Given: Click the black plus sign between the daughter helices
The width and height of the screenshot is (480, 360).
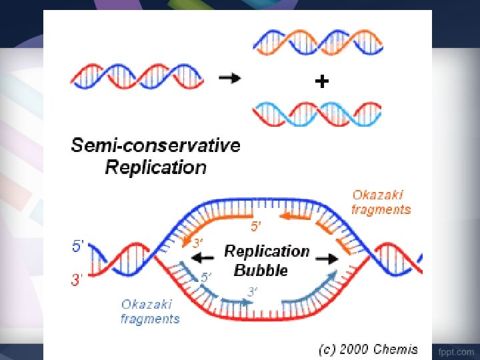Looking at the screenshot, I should [x=321, y=82].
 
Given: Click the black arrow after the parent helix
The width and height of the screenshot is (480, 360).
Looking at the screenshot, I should [x=230, y=78].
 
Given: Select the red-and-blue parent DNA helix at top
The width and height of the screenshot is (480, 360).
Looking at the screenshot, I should [x=136, y=77].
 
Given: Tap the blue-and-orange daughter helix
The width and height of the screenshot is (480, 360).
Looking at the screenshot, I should [x=317, y=43].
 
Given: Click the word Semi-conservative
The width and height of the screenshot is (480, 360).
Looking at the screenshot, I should [x=155, y=145].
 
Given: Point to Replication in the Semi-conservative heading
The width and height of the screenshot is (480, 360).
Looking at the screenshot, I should [x=155, y=167].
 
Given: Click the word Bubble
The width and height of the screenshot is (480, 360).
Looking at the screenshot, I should [x=261, y=270].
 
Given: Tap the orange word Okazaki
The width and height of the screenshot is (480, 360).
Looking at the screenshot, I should [x=378, y=195].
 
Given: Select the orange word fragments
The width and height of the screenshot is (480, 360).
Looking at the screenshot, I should [x=381, y=209].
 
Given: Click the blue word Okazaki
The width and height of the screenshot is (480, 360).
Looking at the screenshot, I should [x=147, y=304].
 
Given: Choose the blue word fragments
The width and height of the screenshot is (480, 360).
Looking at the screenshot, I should [x=150, y=319].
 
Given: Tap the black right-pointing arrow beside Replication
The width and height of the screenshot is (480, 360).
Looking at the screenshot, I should [x=325, y=257].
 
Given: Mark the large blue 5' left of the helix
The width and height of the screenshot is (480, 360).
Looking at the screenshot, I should [x=77, y=246].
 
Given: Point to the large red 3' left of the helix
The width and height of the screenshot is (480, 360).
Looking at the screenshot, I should [x=77, y=280].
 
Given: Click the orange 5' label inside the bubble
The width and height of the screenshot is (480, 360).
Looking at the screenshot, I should [x=256, y=227].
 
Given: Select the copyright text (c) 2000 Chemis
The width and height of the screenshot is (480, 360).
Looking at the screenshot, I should [x=367, y=349].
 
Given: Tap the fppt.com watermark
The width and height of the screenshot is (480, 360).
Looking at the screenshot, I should [x=455, y=351].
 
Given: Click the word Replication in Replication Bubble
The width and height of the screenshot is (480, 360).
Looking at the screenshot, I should [x=267, y=251].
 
